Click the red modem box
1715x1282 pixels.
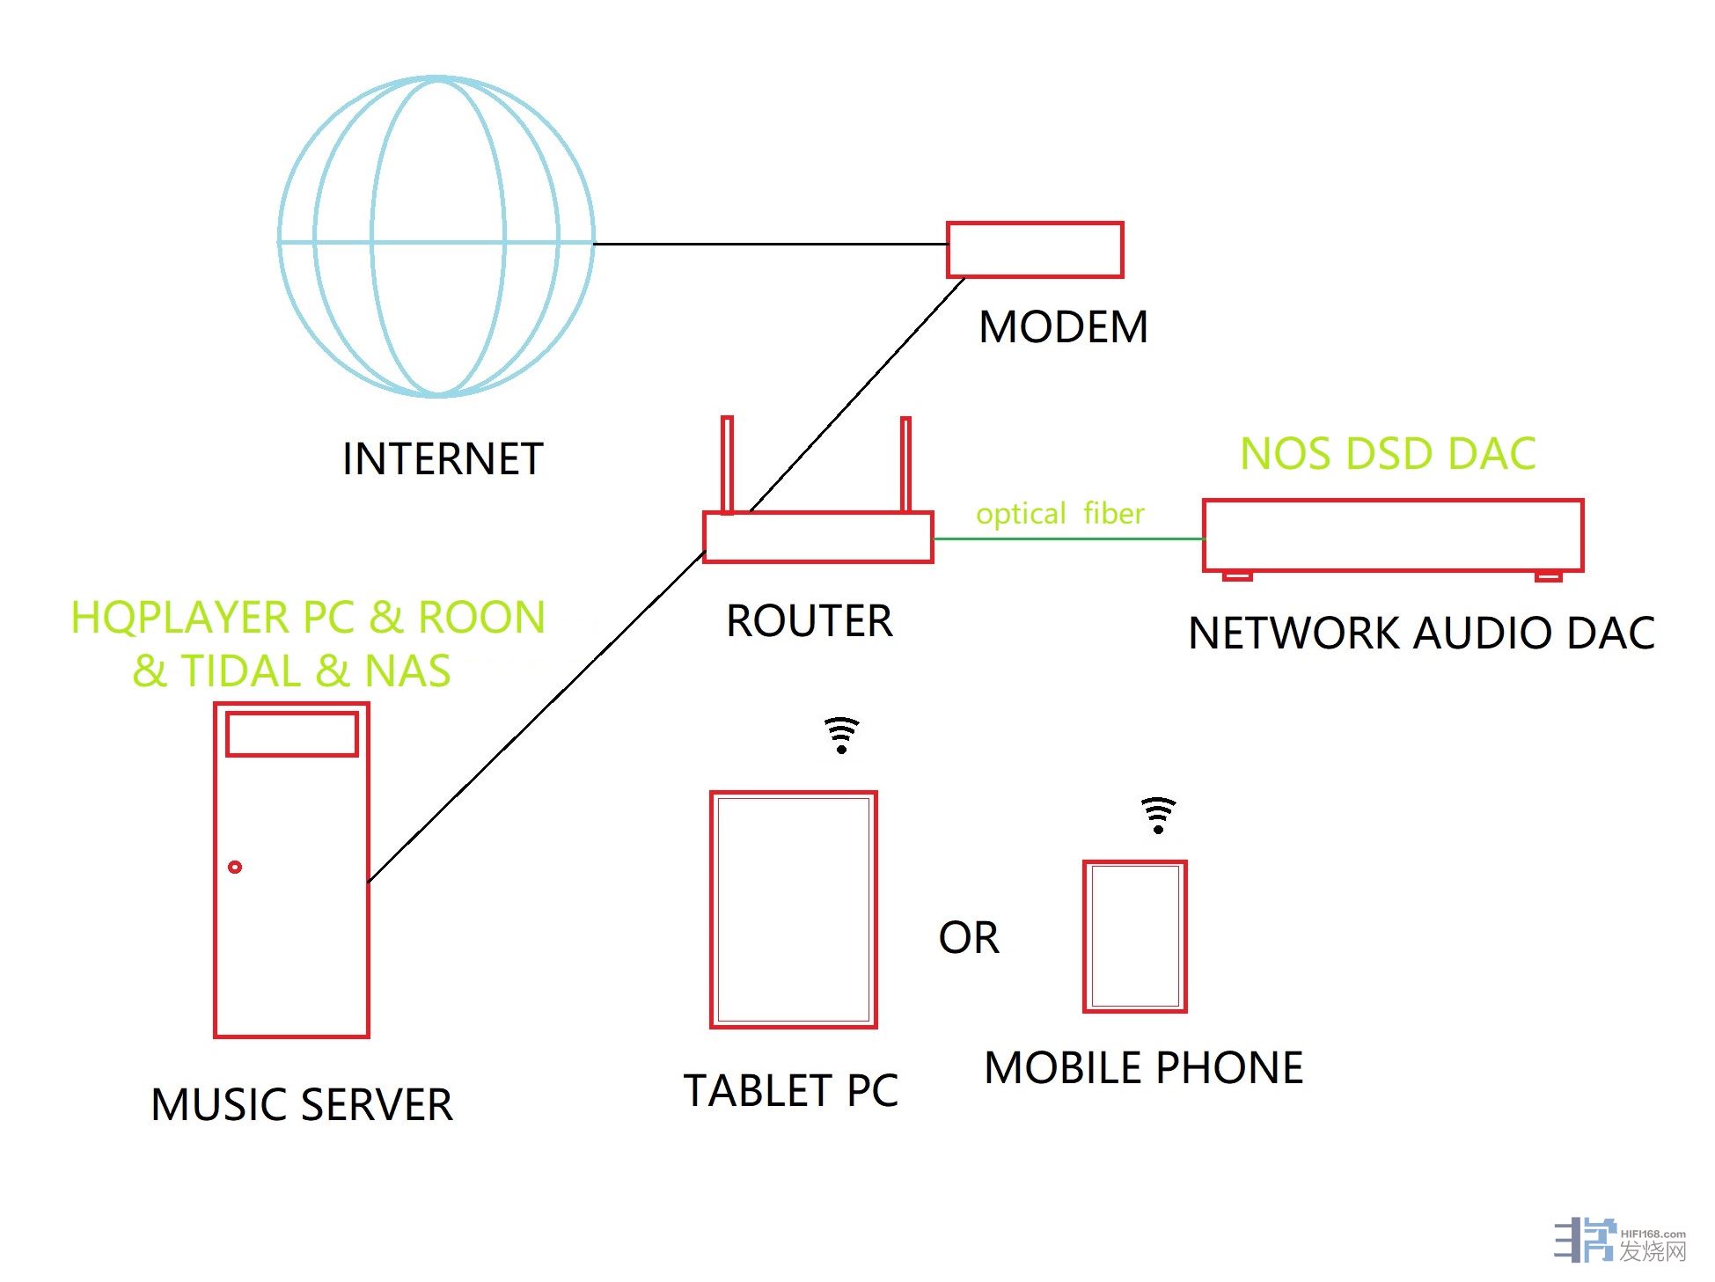coord(1034,250)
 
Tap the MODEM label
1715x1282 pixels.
coord(1063,327)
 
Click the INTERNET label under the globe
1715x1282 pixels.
coord(443,459)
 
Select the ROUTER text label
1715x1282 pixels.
coord(809,621)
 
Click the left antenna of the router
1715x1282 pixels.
coord(727,465)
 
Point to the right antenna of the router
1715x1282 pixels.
coord(905,465)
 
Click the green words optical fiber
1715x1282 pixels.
coord(1059,513)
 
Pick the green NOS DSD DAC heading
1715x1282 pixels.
coord(1388,454)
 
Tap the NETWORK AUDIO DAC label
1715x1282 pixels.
coord(1421,634)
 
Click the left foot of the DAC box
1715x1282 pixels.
coord(1237,576)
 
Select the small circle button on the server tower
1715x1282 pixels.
coord(235,867)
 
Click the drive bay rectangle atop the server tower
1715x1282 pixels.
coord(291,734)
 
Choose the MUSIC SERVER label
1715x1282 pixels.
coord(302,1105)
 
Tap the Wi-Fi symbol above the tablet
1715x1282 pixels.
coord(841,735)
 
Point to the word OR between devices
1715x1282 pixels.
coord(969,938)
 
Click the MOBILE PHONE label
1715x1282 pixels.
coord(1143,1068)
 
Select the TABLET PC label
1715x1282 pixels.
coord(791,1091)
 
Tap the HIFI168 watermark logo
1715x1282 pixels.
coord(1619,1241)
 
